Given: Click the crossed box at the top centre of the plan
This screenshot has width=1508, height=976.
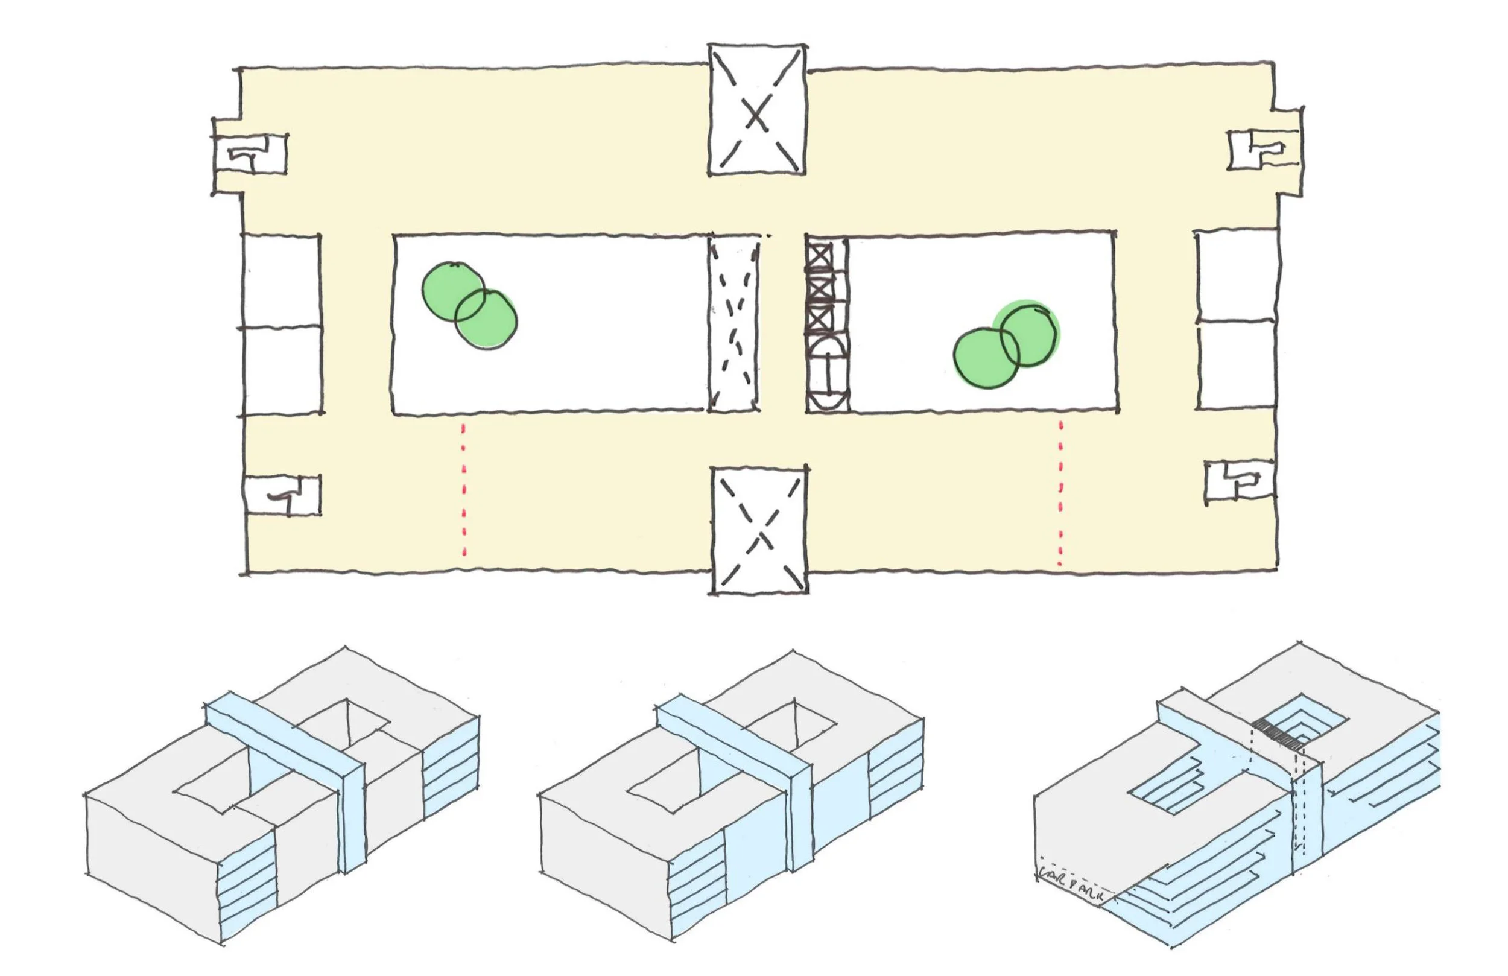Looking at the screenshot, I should point(756,110).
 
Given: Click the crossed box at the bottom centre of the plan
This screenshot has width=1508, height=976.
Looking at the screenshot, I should point(759,531).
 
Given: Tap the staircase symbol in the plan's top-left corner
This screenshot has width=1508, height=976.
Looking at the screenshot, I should point(251,154).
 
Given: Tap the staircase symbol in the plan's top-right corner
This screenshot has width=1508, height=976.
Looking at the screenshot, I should point(1261,150).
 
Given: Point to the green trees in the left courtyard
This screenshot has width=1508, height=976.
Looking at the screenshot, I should point(469,305).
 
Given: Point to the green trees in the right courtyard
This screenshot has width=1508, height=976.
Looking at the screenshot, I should point(1006,344).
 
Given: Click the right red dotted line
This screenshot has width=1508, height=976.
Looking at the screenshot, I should point(1060,492).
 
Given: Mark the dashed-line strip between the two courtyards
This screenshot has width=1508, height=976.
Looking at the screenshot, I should point(733,324).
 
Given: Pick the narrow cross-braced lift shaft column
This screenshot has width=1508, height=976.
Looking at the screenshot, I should point(826,324).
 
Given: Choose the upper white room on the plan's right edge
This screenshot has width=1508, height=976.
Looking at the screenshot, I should point(1236,276).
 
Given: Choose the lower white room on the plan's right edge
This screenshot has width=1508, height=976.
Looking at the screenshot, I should point(1236,364).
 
